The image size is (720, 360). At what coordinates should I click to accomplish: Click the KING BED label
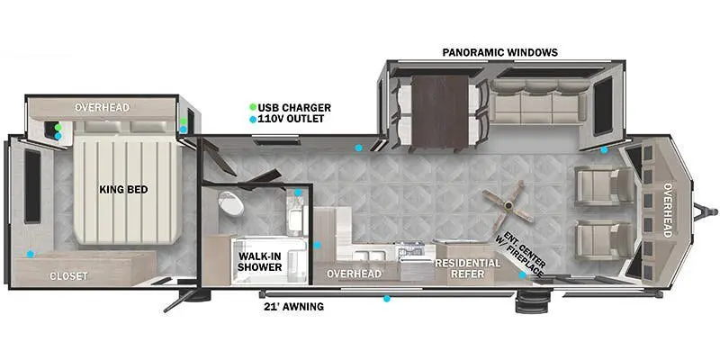click(124, 190)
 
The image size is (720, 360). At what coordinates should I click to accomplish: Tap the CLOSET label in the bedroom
click(68, 276)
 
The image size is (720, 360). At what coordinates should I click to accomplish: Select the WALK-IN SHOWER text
click(259, 262)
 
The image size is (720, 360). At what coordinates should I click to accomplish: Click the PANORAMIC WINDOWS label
click(499, 52)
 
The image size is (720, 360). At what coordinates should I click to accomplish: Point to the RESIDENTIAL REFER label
click(468, 268)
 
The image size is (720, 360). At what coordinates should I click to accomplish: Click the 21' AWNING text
click(292, 307)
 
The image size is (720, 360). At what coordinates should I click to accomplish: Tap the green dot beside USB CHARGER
click(253, 108)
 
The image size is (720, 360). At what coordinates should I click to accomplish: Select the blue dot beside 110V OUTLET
click(253, 120)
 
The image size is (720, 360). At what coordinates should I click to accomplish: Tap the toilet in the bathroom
click(231, 203)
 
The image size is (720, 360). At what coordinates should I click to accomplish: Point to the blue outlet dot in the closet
click(31, 254)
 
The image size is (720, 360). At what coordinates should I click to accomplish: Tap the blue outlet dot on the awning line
click(387, 298)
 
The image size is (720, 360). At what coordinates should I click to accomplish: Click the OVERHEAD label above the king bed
click(102, 108)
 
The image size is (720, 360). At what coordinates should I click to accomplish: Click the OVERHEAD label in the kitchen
click(354, 274)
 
